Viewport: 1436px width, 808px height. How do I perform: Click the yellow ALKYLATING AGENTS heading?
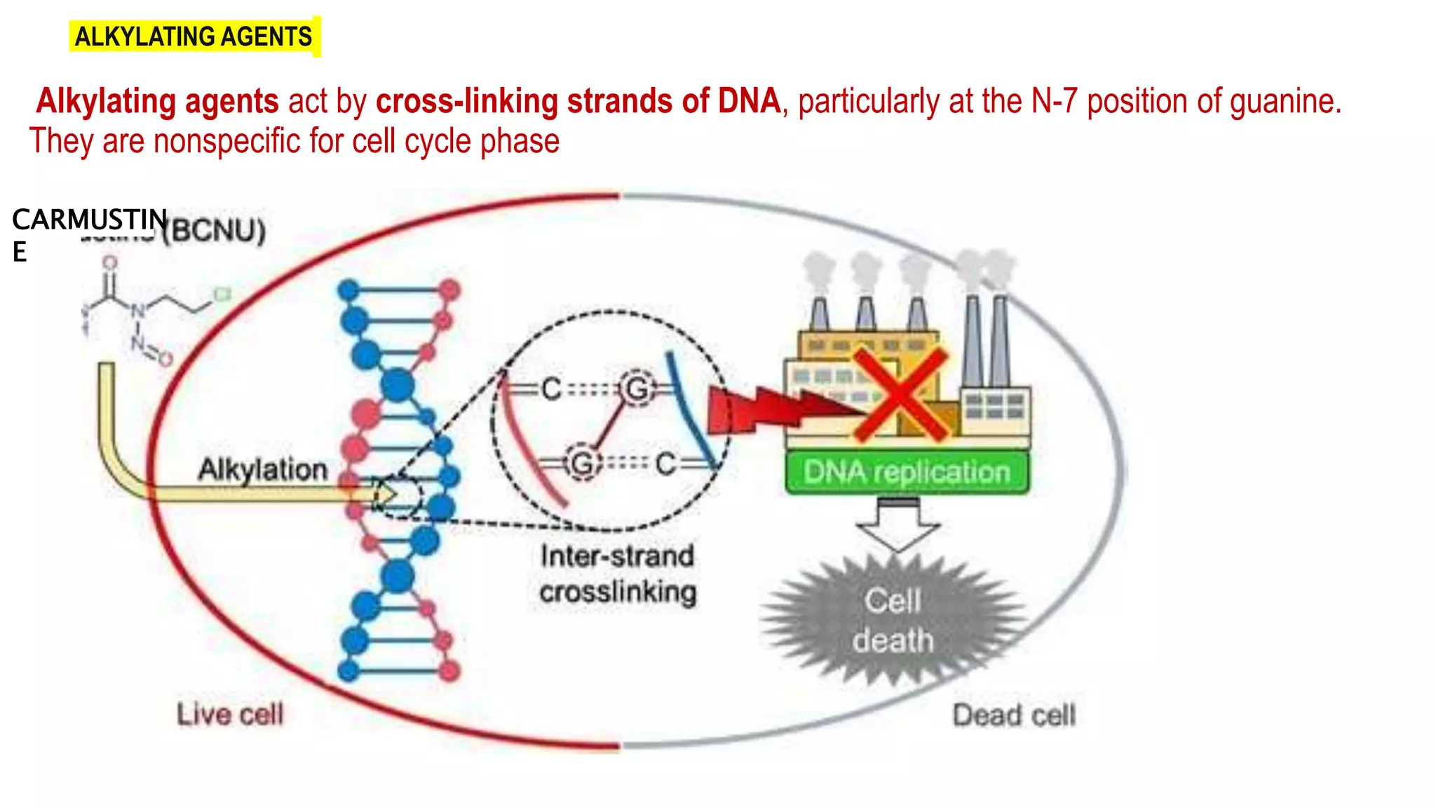tap(194, 36)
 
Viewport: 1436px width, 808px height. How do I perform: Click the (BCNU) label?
tap(215, 231)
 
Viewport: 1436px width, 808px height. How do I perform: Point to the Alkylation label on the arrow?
tap(263, 469)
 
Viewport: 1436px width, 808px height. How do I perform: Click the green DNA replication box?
tap(906, 473)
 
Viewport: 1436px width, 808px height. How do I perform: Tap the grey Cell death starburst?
tap(893, 620)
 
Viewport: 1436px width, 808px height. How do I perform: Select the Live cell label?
tap(230, 715)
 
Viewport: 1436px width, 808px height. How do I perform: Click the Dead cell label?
tap(1013, 715)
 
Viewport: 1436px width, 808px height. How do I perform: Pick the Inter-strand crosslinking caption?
tap(618, 574)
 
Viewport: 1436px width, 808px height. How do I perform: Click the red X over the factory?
tap(900, 395)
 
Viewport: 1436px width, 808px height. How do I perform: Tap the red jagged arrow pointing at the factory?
tap(771, 410)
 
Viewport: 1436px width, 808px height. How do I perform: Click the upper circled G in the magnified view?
tap(637, 389)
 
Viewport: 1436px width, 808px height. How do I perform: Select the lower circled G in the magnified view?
tap(582, 463)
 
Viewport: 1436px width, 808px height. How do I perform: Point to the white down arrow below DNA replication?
tap(898, 526)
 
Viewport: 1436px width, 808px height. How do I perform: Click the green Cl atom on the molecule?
tap(222, 295)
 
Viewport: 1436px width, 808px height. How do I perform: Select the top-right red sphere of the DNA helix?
tap(450, 289)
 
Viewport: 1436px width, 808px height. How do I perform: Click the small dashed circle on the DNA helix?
tap(398, 497)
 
